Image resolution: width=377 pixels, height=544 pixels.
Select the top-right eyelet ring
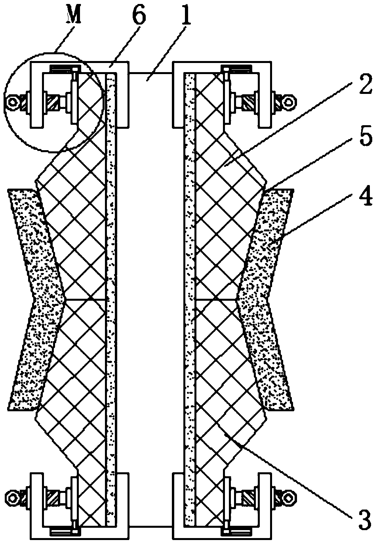(x=290, y=101)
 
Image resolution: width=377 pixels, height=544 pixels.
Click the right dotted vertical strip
(x=190, y=277)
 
